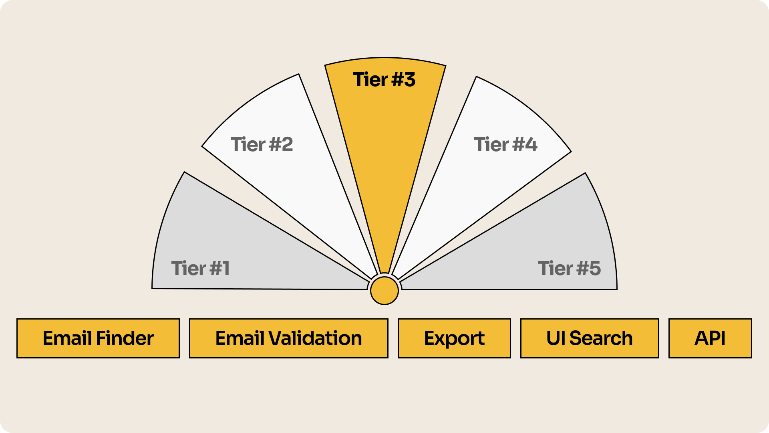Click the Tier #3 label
point(384,80)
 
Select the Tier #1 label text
point(200,268)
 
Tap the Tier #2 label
point(262,144)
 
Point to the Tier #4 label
point(505,144)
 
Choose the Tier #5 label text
point(569,268)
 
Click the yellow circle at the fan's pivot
point(384,291)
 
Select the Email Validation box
point(288,338)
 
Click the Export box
point(454,338)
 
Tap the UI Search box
point(589,338)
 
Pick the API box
point(710,338)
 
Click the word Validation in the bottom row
point(315,338)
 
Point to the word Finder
point(125,338)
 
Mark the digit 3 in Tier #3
point(409,80)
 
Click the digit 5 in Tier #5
point(595,268)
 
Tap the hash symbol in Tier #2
point(275,144)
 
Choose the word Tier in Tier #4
point(491,144)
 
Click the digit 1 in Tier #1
point(225,268)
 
